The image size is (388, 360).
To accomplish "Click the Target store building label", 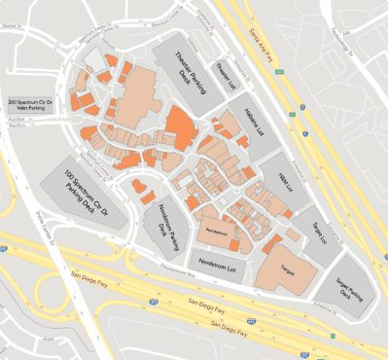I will (288, 265).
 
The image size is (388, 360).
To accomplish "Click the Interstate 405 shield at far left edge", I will (5, 248).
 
